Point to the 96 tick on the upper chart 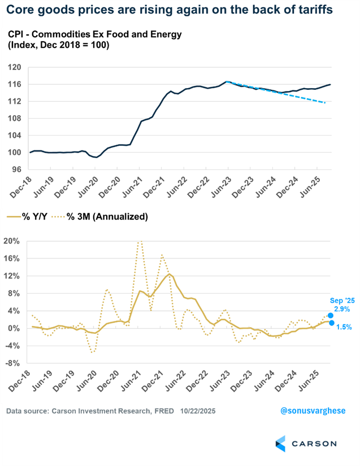(16, 169)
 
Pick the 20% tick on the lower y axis (12, 241)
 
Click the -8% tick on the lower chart (13, 363)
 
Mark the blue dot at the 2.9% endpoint (331, 315)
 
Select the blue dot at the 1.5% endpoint (331, 323)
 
